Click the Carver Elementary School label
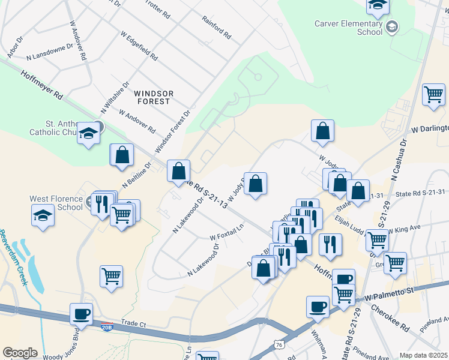pos(348,28)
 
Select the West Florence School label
pos(56,203)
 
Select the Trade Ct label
pos(133,323)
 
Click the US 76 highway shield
pos(278,344)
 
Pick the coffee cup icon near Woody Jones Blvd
pos(81,313)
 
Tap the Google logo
pos(20,353)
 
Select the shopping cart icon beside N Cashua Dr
pos(433,94)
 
